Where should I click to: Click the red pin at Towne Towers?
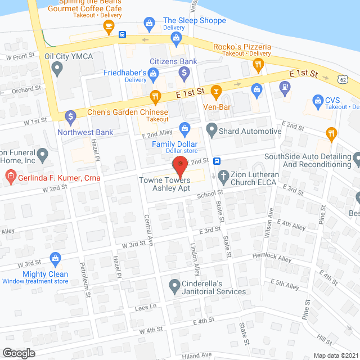tap(179, 165)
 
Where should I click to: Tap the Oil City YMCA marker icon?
tap(57, 69)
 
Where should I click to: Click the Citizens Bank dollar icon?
tap(184, 73)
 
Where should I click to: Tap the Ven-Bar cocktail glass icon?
tap(215, 91)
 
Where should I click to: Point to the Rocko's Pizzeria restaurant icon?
tap(258, 65)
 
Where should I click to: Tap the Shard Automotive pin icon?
tap(211, 130)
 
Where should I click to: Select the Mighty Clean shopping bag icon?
tap(55, 259)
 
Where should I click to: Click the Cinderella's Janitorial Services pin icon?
tap(174, 286)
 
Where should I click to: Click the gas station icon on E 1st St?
tap(286, 87)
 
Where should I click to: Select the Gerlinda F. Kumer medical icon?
tap(10, 178)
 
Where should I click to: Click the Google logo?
tap(19, 353)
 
